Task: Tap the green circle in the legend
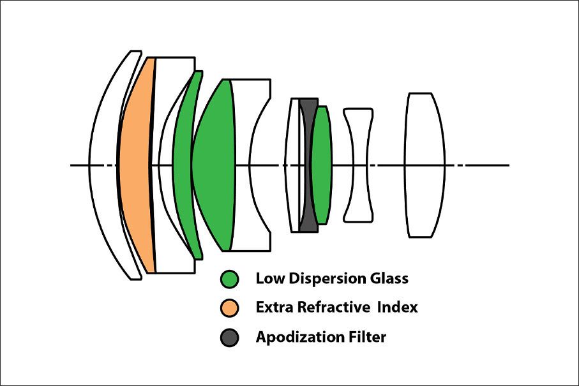click(229, 279)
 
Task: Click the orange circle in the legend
click(229, 308)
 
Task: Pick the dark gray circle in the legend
click(229, 337)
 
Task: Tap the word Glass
click(387, 279)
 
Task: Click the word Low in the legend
click(267, 279)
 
